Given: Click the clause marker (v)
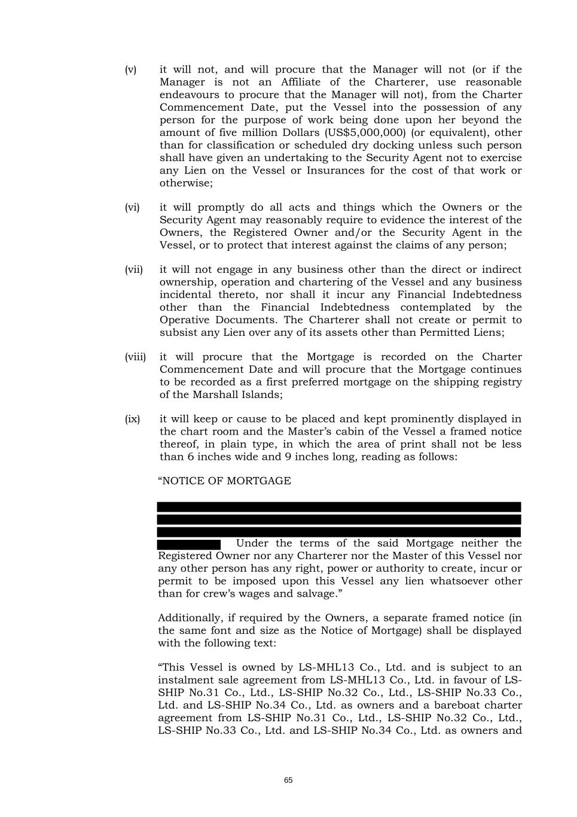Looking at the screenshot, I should coord(130,70).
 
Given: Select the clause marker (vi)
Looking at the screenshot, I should coord(132,208).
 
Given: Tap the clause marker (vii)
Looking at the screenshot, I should coord(133,270).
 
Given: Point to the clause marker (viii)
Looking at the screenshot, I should coord(135,357).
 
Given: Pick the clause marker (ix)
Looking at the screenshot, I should coord(132,420).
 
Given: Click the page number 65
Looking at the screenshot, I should coord(288,780).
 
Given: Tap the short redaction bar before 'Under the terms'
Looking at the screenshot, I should coord(189,544).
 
